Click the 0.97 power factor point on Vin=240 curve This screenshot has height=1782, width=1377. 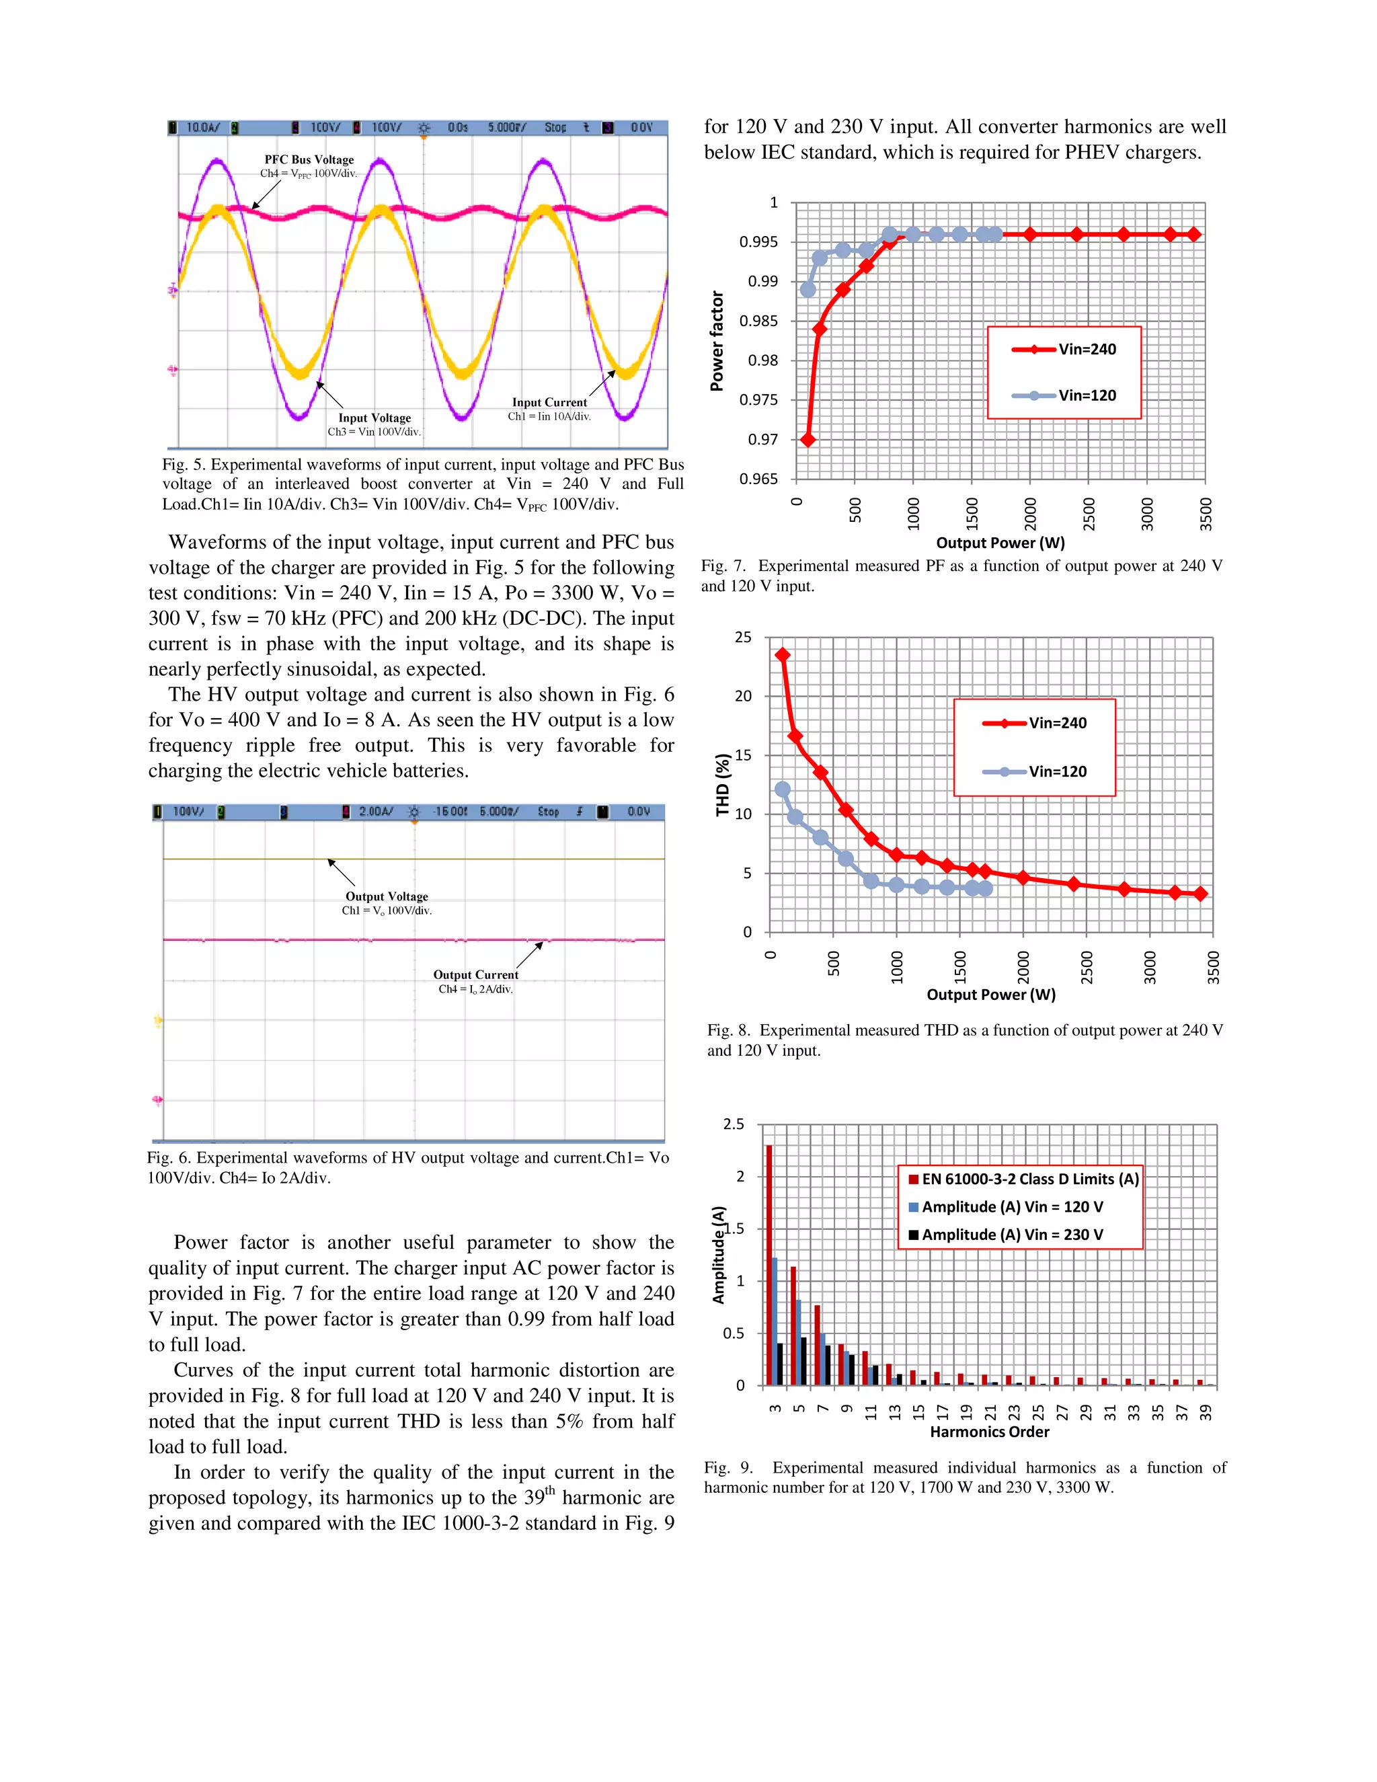pyautogui.click(x=808, y=440)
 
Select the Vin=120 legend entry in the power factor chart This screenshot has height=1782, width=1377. pyautogui.click(x=1064, y=395)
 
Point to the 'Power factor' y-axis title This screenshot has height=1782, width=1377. pyautogui.click(x=717, y=341)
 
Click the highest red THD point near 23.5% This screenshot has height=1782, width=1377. pyautogui.click(x=783, y=655)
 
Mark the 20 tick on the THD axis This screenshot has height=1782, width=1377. pyautogui.click(x=742, y=696)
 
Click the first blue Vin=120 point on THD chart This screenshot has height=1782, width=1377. pyautogui.click(x=783, y=789)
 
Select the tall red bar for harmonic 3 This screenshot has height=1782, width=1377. pyautogui.click(x=769, y=1265)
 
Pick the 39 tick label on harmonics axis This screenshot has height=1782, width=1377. pyautogui.click(x=1206, y=1411)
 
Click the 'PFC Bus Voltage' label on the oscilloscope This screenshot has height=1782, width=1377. pyautogui.click(x=309, y=160)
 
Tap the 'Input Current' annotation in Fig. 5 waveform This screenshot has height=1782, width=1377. pyautogui.click(x=549, y=402)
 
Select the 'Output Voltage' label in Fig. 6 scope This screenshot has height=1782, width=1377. pyautogui.click(x=387, y=896)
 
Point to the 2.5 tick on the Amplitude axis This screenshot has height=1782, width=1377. pyautogui.click(x=734, y=1124)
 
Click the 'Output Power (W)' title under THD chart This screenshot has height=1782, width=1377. pyautogui.click(x=990, y=995)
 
